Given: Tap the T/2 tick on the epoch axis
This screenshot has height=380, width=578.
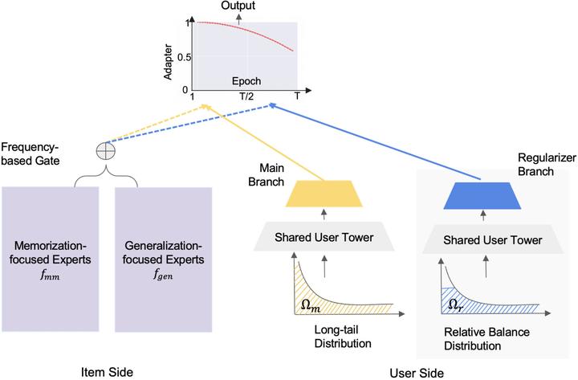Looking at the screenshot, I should [247, 96].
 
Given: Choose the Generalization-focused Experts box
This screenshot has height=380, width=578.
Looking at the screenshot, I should [163, 258].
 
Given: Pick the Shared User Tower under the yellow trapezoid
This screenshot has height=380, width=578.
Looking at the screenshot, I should [324, 239].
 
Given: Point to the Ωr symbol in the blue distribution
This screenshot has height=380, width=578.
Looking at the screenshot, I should [454, 304].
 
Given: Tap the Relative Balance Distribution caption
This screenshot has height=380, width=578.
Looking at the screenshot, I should [481, 337].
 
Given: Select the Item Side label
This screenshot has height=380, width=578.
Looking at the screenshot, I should [108, 370].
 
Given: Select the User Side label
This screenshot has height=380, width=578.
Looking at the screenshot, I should [416, 371].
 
